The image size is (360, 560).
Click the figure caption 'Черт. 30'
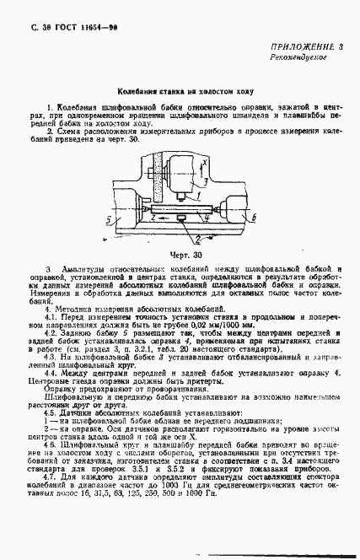[179, 253]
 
